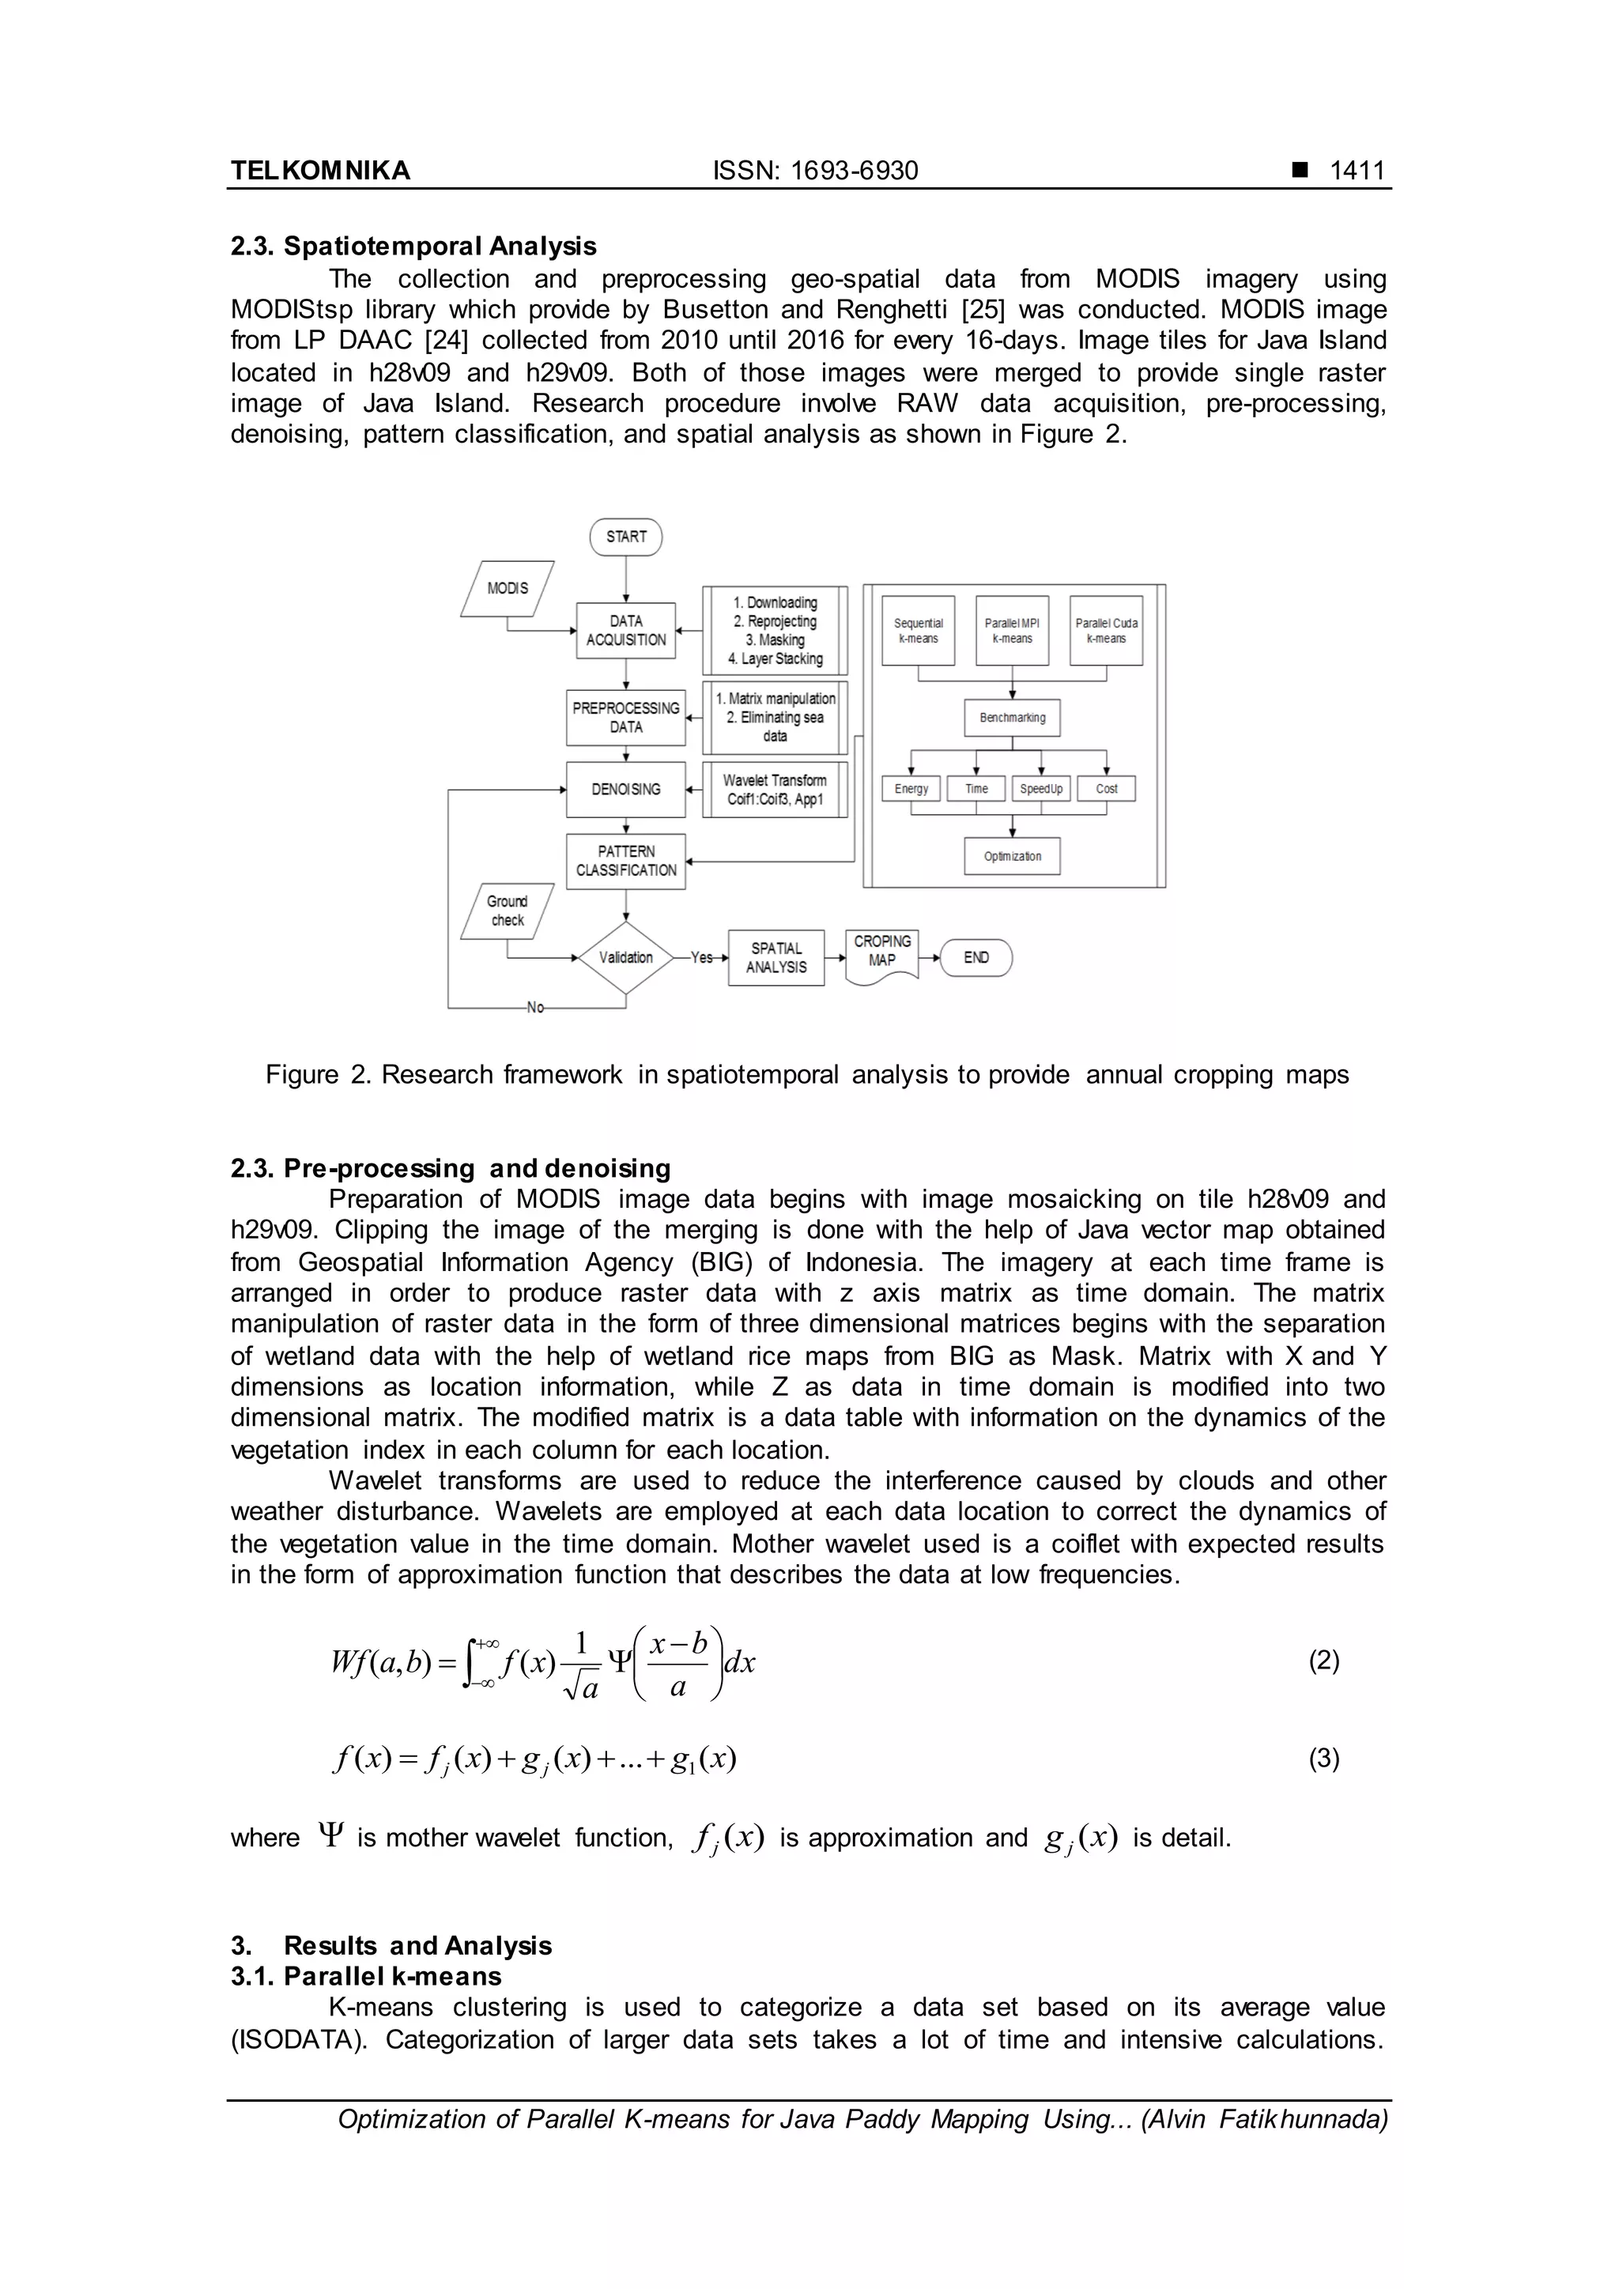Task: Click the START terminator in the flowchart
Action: coord(626,537)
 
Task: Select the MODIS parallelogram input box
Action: coord(508,588)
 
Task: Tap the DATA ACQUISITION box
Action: coord(626,630)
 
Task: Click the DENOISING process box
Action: coord(626,790)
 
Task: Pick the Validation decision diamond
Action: coord(626,957)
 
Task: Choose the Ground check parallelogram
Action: coord(508,911)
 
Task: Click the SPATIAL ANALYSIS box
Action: coord(776,958)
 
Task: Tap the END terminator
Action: coord(976,957)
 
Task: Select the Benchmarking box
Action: coord(1012,718)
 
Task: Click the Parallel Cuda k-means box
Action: coord(1106,630)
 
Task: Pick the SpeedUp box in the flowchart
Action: coord(1041,789)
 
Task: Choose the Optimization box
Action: coord(1012,856)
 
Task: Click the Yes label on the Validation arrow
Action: coord(702,957)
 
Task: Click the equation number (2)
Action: coord(1323,1660)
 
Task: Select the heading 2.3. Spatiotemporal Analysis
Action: coord(413,247)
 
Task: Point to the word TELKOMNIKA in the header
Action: coord(320,171)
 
